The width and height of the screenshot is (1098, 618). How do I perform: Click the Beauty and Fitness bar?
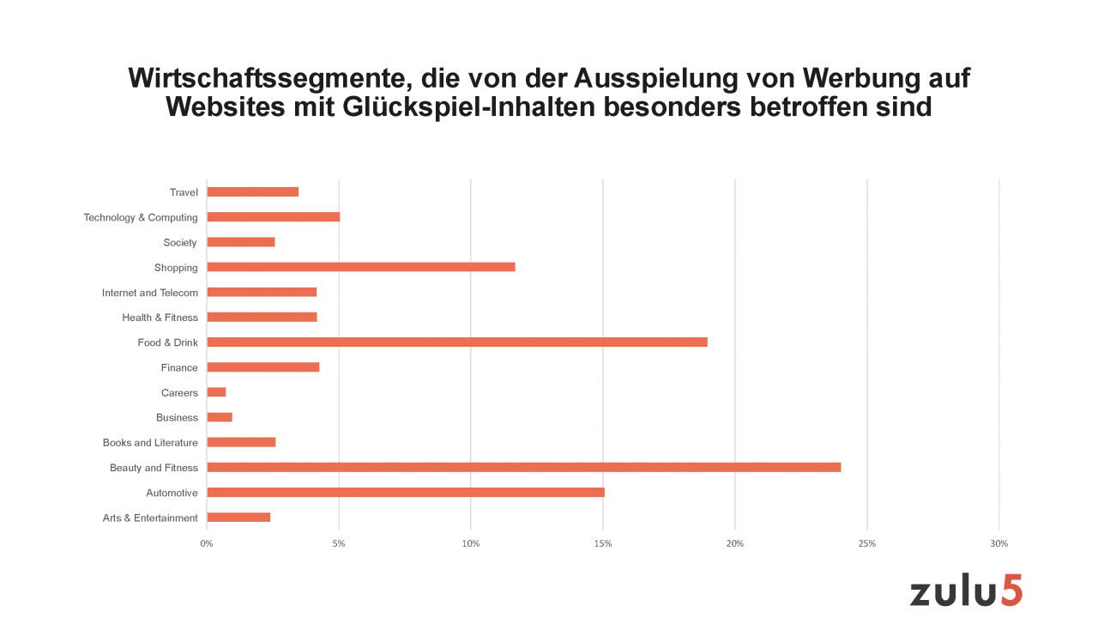tap(523, 468)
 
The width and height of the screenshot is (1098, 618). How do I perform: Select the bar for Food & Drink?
tap(457, 342)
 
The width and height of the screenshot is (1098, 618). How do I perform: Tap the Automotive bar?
tap(406, 493)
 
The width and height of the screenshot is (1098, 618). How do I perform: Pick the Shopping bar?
tap(361, 267)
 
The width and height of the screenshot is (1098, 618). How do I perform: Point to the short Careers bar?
tap(216, 392)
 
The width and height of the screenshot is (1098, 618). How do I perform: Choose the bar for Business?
tap(220, 418)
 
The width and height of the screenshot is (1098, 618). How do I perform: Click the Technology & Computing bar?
tap(273, 217)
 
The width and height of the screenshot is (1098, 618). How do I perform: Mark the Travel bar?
tap(252, 192)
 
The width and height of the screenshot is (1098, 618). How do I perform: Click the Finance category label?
tap(179, 368)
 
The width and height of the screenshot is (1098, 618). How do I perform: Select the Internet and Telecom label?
tap(150, 293)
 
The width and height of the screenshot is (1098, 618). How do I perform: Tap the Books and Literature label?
tap(150, 443)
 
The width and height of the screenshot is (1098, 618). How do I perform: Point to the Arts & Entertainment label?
tap(150, 518)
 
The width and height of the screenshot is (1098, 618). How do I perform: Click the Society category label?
tap(180, 243)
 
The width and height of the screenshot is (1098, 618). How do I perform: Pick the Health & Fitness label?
tap(160, 318)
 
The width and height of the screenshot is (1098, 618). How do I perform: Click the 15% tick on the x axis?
tap(603, 543)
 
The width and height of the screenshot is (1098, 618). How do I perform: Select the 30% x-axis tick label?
tap(998, 543)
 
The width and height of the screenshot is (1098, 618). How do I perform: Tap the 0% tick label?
tap(207, 543)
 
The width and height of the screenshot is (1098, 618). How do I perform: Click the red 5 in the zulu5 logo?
tap(1011, 591)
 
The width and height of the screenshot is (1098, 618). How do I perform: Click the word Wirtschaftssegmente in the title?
tap(261, 79)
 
